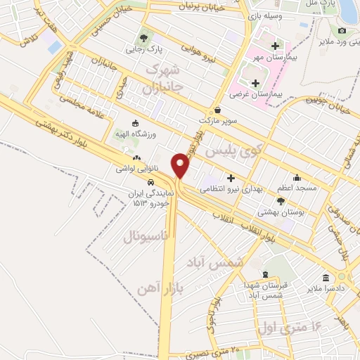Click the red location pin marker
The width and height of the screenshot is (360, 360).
point(181,165)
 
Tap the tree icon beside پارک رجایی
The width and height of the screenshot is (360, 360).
point(143,37)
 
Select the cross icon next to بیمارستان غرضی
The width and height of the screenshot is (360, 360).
point(255,83)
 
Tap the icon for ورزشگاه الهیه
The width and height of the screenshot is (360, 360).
point(136,122)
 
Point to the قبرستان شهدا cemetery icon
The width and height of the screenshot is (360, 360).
point(265,275)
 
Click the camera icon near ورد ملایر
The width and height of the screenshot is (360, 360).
point(342,31)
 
